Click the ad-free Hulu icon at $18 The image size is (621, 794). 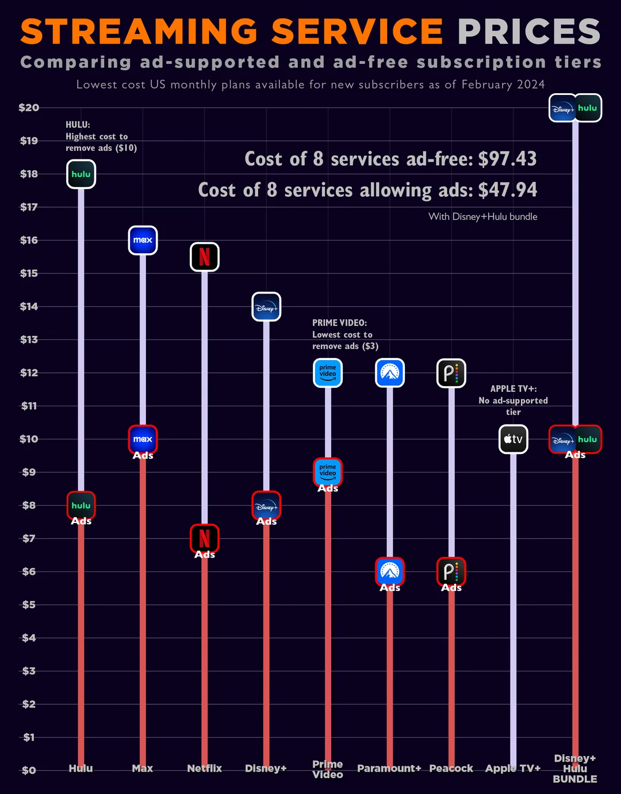point(81,174)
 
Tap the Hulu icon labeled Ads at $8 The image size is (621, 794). point(81,505)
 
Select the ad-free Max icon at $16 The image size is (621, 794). point(143,241)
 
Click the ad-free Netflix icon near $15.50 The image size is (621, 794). point(205,257)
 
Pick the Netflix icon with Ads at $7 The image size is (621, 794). point(205,539)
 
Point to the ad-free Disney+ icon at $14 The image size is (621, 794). point(266,307)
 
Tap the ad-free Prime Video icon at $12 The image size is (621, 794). point(328,373)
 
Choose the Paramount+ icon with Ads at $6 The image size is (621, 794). point(390,571)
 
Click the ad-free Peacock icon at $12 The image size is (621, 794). point(451,373)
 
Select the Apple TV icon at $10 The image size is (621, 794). point(513,439)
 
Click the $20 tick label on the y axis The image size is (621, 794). point(29,108)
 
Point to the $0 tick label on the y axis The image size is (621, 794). point(29,770)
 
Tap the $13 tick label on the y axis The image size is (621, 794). point(29,339)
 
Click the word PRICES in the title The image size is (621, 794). point(529,32)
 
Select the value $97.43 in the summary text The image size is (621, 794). point(508,159)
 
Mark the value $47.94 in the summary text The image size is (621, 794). point(508,190)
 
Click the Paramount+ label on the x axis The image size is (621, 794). point(389,768)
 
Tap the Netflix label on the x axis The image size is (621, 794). point(204,768)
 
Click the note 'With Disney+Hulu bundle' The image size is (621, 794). point(483,217)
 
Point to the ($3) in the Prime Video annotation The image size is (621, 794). point(370,346)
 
